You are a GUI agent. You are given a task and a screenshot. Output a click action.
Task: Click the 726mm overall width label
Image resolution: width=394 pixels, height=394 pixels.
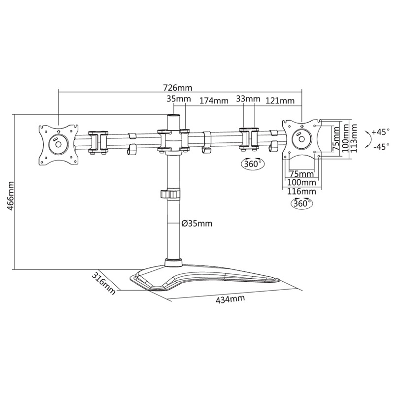[178, 88]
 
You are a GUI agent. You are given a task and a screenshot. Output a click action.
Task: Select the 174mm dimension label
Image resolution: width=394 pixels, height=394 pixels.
[214, 101]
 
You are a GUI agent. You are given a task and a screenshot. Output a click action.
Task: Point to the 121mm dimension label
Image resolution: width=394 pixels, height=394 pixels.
[280, 100]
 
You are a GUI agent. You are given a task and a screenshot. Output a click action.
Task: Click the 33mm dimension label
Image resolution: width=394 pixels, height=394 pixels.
[248, 99]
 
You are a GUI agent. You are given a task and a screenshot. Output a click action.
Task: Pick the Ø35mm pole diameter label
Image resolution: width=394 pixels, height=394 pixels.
[197, 223]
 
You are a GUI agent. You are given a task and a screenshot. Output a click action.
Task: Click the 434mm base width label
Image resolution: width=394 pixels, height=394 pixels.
[230, 299]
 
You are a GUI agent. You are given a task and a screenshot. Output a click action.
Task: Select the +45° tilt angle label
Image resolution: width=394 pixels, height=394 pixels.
[380, 131]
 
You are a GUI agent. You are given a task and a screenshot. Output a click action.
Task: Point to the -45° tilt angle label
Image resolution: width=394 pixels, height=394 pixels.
[381, 146]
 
